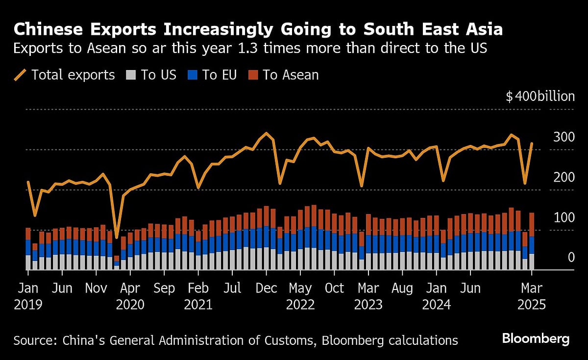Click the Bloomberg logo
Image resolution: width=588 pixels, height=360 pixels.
click(535, 338)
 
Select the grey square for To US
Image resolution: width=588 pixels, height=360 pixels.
click(131, 75)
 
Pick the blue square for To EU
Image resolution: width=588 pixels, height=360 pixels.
click(193, 75)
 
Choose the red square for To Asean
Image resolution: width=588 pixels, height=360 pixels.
click(252, 75)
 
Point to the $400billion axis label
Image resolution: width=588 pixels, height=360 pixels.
click(540, 96)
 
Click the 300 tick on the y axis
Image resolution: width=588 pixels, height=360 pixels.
click(563, 137)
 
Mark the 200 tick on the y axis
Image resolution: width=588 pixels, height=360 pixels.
click(563, 177)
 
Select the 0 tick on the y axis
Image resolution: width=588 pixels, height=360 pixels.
click(571, 258)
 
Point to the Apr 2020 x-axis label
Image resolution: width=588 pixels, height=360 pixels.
click(130, 296)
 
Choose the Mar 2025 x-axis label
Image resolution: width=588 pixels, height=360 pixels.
click(531, 296)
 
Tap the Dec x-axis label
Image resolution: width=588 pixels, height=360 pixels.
click(266, 288)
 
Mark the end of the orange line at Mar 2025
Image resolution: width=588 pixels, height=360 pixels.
click(532, 144)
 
